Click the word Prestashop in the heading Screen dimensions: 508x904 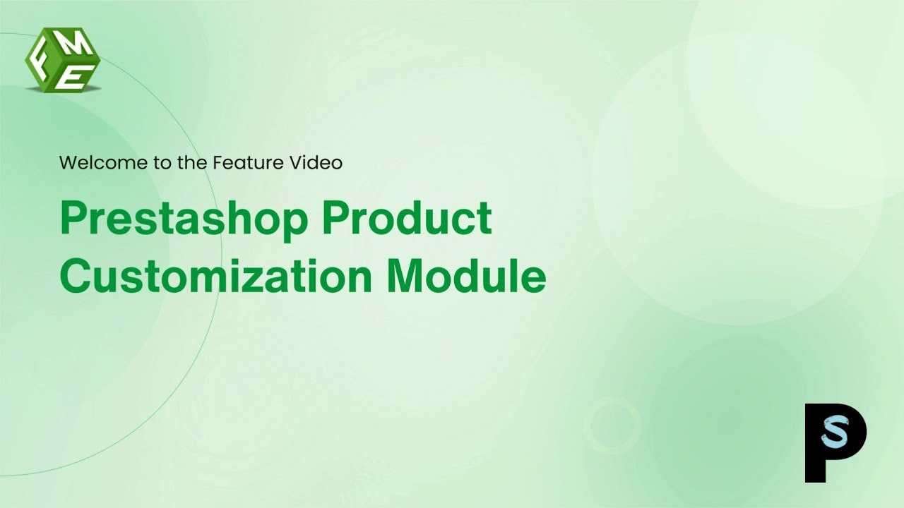click(x=184, y=219)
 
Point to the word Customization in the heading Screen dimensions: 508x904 click(x=215, y=277)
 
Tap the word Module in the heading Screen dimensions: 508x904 click(x=466, y=277)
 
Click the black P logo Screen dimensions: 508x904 click(x=835, y=443)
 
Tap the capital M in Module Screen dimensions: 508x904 click(x=405, y=277)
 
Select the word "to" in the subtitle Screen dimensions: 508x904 click(x=161, y=163)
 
